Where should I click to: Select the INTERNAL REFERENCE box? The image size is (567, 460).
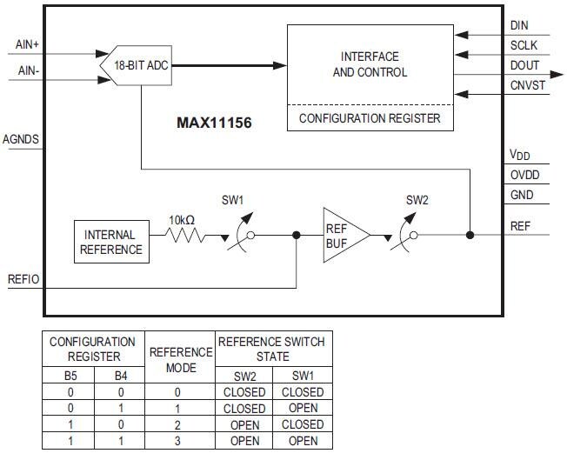(111, 242)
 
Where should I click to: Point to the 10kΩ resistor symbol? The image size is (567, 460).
(185, 235)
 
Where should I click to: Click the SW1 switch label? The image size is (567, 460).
(230, 201)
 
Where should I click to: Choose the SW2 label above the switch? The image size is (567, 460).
(417, 201)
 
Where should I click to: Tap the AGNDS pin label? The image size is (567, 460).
(21, 139)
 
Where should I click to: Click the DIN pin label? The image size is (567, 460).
(519, 26)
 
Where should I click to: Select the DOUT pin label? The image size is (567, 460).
(524, 65)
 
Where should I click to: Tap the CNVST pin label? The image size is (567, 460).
(527, 84)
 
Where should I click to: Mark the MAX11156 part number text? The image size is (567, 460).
(214, 123)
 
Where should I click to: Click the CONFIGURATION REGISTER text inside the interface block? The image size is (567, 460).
(370, 118)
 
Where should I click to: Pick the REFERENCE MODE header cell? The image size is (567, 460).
(181, 359)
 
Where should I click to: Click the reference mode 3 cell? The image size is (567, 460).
(181, 441)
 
